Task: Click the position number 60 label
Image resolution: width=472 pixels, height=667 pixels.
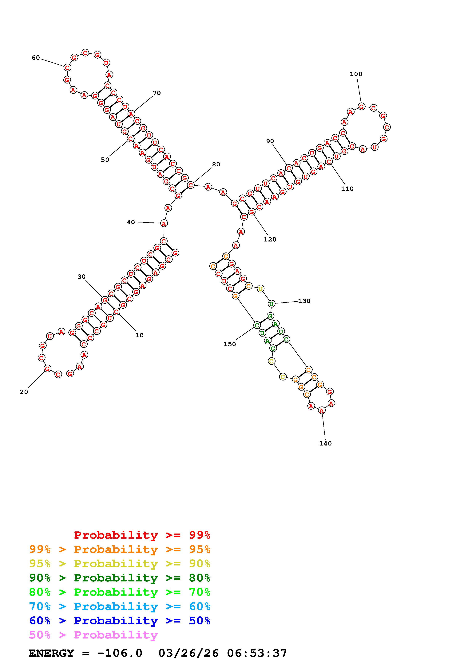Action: [x=36, y=58]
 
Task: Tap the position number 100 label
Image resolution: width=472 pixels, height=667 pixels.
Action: [x=356, y=74]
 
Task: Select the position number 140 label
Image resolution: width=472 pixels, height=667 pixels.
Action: [x=325, y=443]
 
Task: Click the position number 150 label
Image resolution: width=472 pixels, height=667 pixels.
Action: [x=229, y=344]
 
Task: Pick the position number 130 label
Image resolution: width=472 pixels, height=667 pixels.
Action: [x=304, y=301]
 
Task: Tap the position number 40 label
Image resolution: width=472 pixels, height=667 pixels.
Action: [x=131, y=222]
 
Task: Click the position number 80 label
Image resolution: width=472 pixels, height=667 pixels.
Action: [x=216, y=164]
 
